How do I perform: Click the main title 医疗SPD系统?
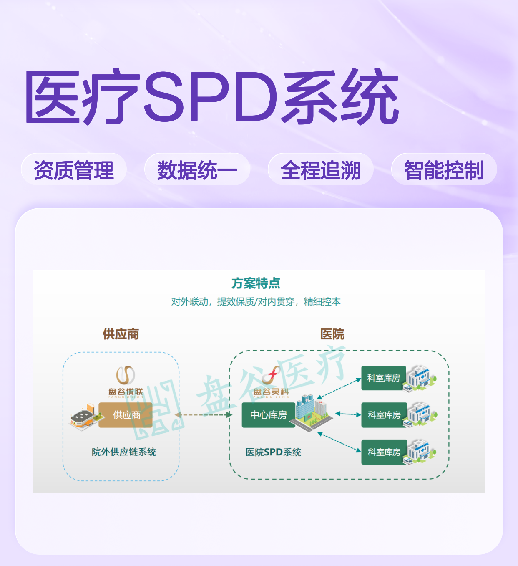(x=212, y=96)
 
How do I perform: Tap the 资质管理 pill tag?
(x=74, y=169)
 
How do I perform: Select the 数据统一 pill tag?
(x=197, y=169)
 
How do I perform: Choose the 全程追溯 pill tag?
(x=321, y=169)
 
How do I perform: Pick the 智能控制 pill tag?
(x=444, y=169)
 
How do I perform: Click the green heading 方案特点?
(x=256, y=283)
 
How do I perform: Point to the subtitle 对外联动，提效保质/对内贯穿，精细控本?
(x=256, y=302)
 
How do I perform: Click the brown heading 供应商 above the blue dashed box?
(x=121, y=334)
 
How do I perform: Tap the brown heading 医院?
(x=332, y=334)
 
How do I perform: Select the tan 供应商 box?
(x=126, y=415)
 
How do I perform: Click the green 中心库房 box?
(x=269, y=415)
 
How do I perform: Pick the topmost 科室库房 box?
(x=383, y=378)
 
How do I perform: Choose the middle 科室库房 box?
(x=384, y=415)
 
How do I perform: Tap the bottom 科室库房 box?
(x=384, y=452)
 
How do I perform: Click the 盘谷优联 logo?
(x=126, y=382)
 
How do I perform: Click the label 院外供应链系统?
(x=124, y=452)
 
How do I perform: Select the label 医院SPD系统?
(x=273, y=452)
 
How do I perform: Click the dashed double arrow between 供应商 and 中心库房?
(x=203, y=415)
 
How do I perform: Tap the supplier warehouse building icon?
(x=85, y=417)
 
